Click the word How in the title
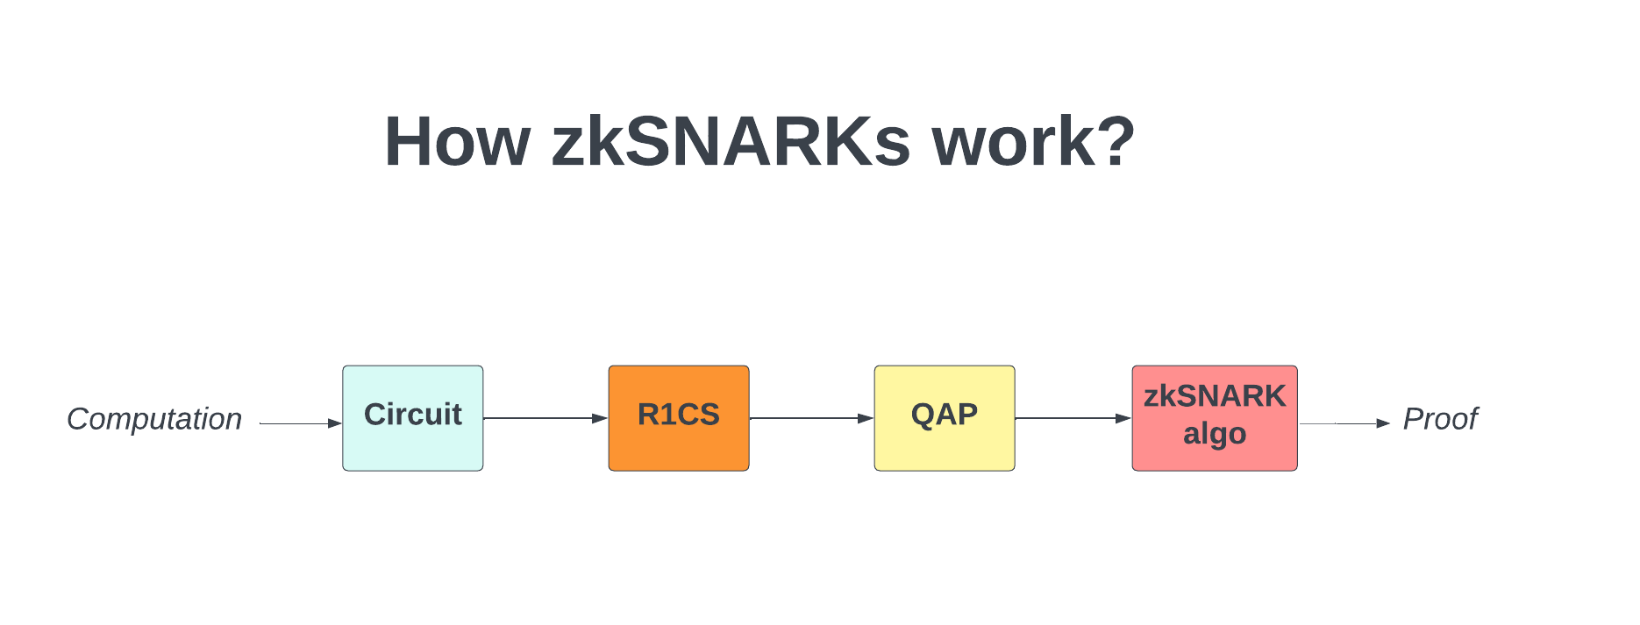pyautogui.click(x=458, y=142)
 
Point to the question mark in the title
pyautogui.click(x=1116, y=140)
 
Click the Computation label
pyautogui.click(x=154, y=419)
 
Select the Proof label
pyautogui.click(x=1440, y=419)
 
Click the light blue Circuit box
pyautogui.click(x=413, y=418)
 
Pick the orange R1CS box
pyautogui.click(x=679, y=418)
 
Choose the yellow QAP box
pyautogui.click(x=945, y=418)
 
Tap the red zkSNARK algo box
pyautogui.click(x=1215, y=418)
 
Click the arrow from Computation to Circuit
pyautogui.click(x=301, y=423)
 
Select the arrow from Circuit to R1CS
pyautogui.click(x=545, y=418)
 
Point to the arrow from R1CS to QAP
pyautogui.click(x=812, y=418)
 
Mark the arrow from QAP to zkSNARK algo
pyautogui.click(x=1073, y=418)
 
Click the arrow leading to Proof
pyautogui.click(x=1344, y=423)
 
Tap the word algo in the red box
pyautogui.click(x=1215, y=435)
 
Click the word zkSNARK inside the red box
pyautogui.click(x=1215, y=396)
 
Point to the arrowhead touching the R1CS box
pyautogui.click(x=601, y=418)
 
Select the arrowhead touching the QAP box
pyautogui.click(x=866, y=418)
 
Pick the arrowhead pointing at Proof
pyautogui.click(x=1384, y=423)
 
